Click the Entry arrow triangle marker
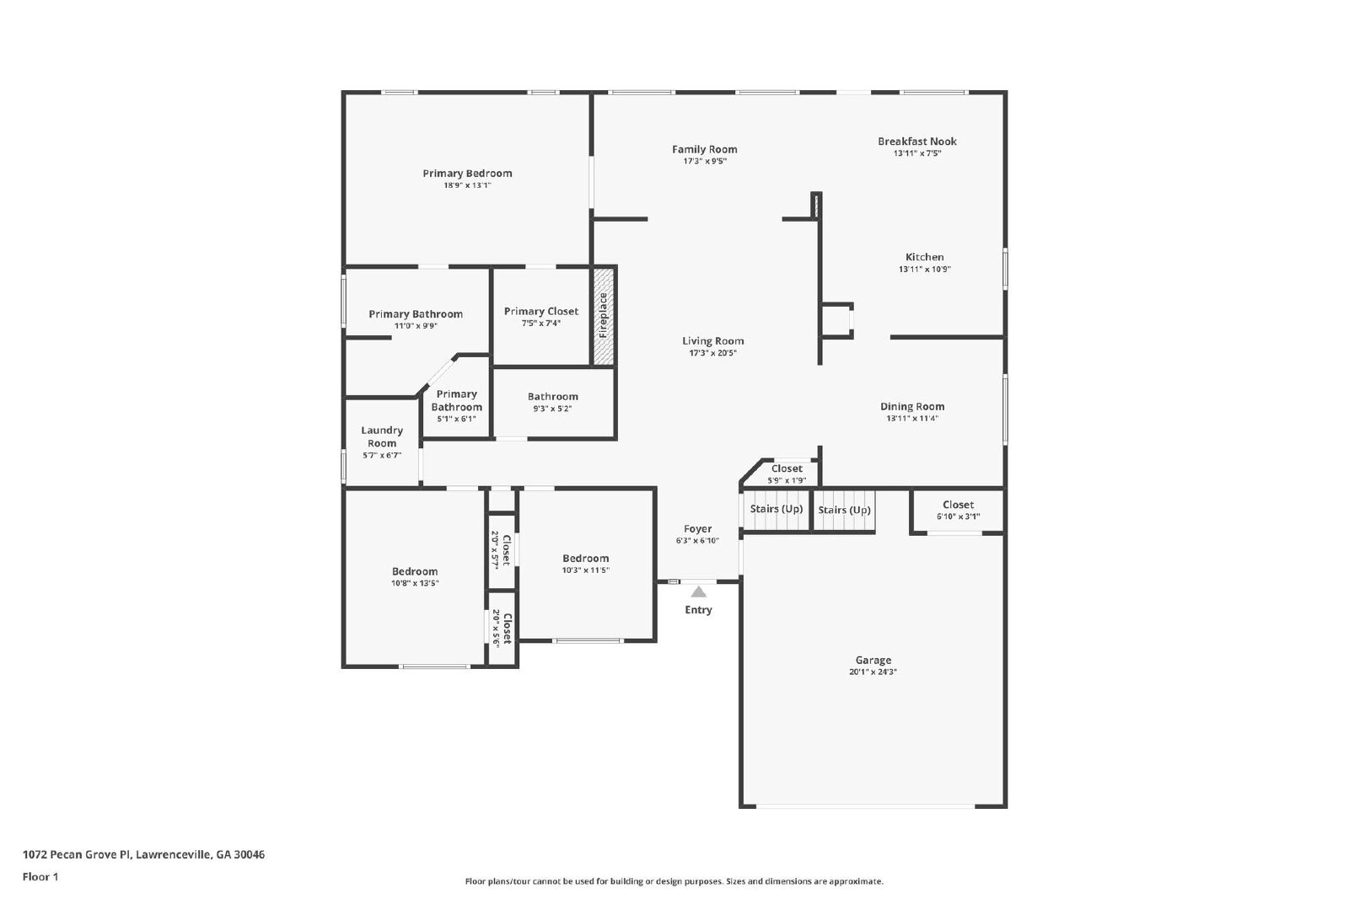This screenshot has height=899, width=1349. point(698,591)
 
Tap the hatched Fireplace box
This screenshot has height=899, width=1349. point(604,316)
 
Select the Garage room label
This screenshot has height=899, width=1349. point(873,660)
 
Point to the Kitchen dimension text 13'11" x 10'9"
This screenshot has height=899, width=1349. point(924,269)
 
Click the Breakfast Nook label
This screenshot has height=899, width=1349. point(917,142)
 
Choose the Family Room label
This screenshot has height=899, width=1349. point(705,149)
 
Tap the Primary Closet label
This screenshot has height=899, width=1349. point(540,311)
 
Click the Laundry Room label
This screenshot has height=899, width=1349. point(382,437)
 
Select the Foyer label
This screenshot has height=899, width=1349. point(697,529)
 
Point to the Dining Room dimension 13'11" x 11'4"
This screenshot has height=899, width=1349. point(911,418)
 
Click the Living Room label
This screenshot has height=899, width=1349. point(713,341)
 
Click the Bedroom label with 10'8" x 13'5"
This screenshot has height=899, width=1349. point(414,571)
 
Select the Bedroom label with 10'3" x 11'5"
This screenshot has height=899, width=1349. point(585,559)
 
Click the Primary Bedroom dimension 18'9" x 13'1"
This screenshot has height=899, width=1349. point(467,185)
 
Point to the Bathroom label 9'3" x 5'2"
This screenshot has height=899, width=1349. point(552,397)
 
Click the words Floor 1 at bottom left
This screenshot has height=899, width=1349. point(40,877)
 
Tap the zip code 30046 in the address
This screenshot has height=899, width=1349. point(250,854)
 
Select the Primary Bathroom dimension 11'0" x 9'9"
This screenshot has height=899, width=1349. point(416,326)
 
